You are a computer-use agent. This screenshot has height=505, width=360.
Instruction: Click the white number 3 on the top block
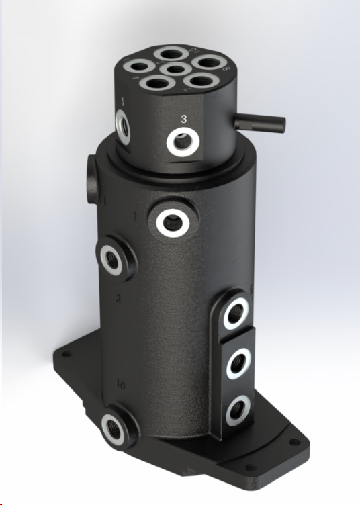[184, 118]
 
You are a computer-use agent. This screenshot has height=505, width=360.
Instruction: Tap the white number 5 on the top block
[123, 102]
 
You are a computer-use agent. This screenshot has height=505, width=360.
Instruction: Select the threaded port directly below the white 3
[183, 142]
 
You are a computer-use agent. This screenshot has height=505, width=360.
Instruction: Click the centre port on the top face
[173, 69]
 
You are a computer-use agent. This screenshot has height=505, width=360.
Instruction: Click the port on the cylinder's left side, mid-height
[111, 257]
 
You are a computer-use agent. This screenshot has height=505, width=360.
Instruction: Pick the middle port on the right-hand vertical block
[238, 362]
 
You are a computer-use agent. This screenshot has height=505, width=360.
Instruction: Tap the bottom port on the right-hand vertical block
[236, 409]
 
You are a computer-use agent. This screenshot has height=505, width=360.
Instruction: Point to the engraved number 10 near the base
[122, 385]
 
